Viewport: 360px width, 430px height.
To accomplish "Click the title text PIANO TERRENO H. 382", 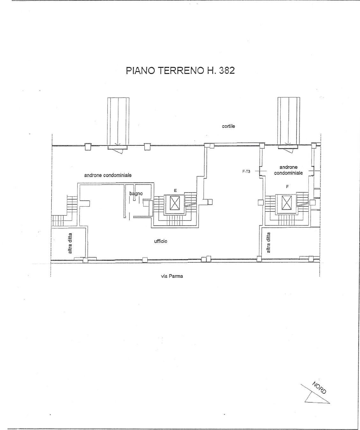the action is [x=180, y=71].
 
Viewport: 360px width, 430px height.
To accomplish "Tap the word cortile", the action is [x=228, y=126].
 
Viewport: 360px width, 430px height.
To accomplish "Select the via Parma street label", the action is [x=172, y=276].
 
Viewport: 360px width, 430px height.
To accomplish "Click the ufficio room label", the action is [x=160, y=241].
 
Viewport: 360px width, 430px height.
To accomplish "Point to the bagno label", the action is [x=136, y=193].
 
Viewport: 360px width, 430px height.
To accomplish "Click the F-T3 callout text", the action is [x=246, y=171].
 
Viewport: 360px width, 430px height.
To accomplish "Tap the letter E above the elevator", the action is [x=175, y=191].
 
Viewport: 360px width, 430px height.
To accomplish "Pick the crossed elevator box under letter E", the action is [x=175, y=203].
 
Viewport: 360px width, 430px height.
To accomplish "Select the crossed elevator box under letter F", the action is [x=287, y=202].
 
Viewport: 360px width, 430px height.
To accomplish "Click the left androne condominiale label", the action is [x=108, y=175].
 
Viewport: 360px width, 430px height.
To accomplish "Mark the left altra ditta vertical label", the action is [x=70, y=243].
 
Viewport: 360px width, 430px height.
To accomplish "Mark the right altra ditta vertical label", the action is [x=268, y=243].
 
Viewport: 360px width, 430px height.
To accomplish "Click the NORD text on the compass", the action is [x=320, y=388].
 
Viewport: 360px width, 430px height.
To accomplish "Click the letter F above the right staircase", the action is [x=287, y=187].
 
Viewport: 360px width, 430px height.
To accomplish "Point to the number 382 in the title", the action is [x=227, y=71].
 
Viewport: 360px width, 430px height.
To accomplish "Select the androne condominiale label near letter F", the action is [x=288, y=170].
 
